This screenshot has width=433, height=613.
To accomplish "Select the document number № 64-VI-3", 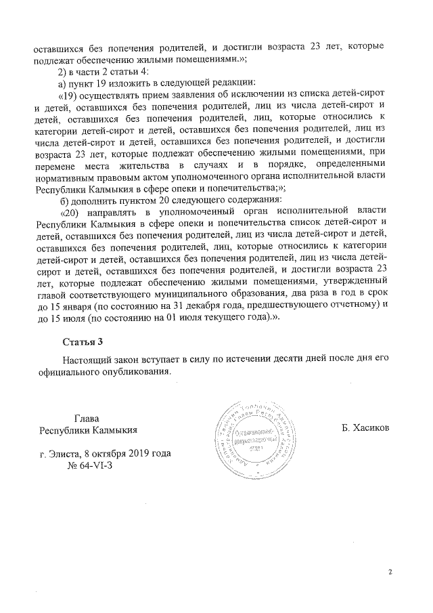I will click(x=90, y=466).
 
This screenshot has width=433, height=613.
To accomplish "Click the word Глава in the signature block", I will click(x=87, y=418).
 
